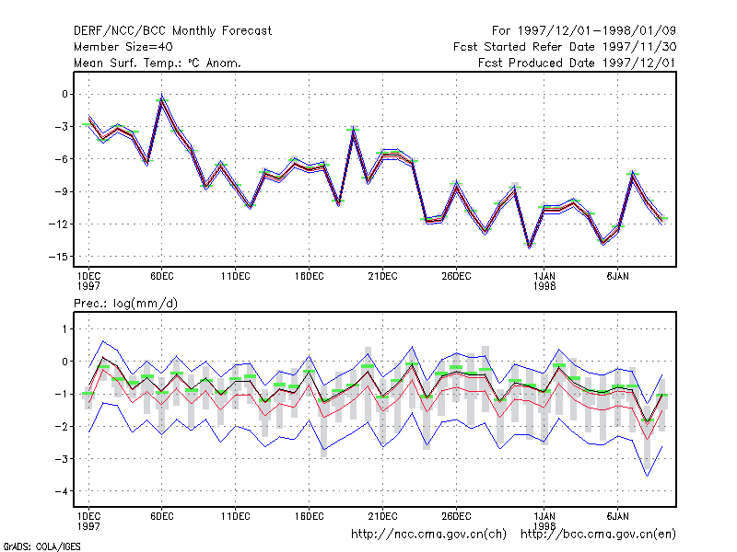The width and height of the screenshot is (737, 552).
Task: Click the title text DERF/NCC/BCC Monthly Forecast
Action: click(172, 31)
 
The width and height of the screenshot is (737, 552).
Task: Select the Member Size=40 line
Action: click(123, 47)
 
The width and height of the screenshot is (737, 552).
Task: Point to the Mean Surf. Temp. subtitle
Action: click(158, 63)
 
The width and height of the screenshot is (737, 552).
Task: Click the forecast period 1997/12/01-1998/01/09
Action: click(584, 31)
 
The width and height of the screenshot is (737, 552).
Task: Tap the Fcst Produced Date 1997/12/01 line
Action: click(577, 63)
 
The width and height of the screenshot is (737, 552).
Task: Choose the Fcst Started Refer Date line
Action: click(565, 47)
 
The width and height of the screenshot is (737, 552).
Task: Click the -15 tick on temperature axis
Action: click(58, 257)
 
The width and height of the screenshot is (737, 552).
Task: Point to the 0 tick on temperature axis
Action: click(64, 95)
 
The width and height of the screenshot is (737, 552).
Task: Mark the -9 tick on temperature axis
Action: click(62, 191)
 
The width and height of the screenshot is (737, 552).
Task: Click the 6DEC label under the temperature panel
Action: click(162, 277)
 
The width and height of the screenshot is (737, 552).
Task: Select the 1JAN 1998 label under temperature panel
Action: click(544, 281)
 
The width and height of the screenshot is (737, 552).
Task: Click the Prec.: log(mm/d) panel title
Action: click(125, 304)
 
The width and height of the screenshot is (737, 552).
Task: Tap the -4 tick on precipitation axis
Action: click(62, 491)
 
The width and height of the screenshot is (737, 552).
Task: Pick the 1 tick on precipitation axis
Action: click(64, 329)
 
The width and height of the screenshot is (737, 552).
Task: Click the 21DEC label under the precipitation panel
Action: click(382, 516)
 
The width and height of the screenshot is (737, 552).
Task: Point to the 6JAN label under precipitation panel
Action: click(617, 516)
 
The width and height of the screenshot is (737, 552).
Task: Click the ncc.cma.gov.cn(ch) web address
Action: click(428, 535)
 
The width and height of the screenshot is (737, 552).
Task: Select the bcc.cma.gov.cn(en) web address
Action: click(598, 535)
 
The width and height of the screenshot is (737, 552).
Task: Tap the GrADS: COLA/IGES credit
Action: click(41, 546)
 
